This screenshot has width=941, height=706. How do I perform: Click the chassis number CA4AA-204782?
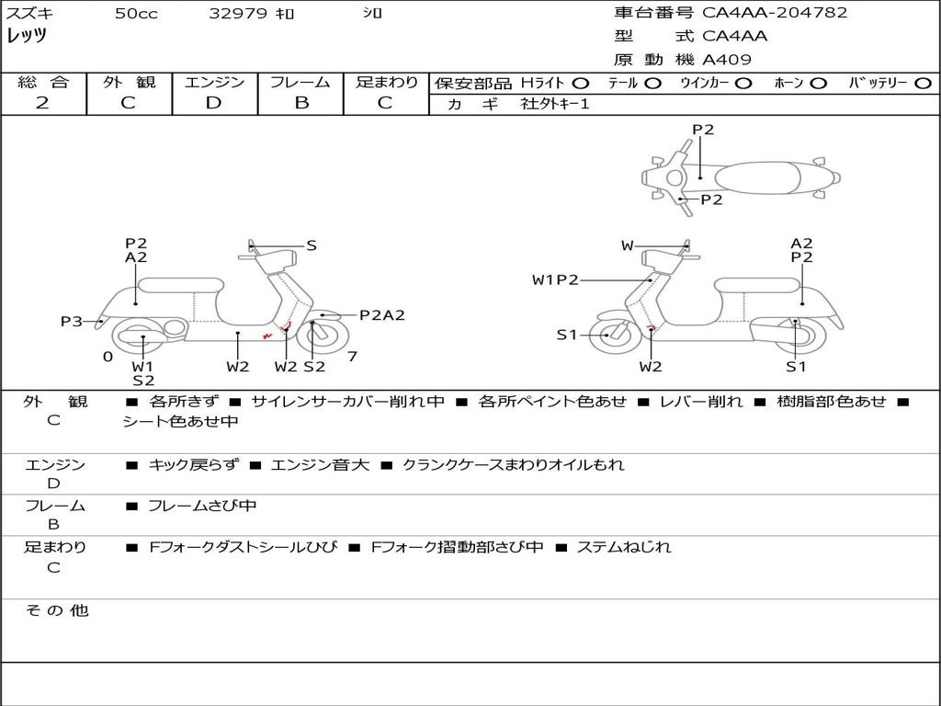tap(774, 13)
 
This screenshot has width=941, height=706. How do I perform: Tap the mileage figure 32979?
tap(238, 13)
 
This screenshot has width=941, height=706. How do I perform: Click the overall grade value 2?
tap(42, 103)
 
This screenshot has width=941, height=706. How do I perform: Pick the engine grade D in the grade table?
tap(213, 103)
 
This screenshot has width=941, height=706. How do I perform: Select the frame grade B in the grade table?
tap(301, 103)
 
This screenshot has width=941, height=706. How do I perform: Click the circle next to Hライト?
tap(581, 84)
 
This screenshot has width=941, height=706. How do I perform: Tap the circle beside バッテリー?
tap(923, 84)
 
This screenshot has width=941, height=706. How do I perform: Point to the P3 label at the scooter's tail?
tap(72, 322)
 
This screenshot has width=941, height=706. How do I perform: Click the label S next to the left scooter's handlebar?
tap(312, 245)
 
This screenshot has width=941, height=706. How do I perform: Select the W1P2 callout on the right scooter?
tap(555, 279)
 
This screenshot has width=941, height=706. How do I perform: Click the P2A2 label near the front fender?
tap(382, 315)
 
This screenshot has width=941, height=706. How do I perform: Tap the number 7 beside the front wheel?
tap(352, 357)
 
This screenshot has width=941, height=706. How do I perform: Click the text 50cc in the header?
tap(136, 13)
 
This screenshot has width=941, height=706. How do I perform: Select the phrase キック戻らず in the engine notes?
tap(193, 464)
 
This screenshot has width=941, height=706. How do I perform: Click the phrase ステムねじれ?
tap(624, 547)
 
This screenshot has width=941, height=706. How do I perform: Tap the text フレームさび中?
tap(202, 507)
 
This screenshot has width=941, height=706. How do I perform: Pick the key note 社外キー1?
tap(555, 104)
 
